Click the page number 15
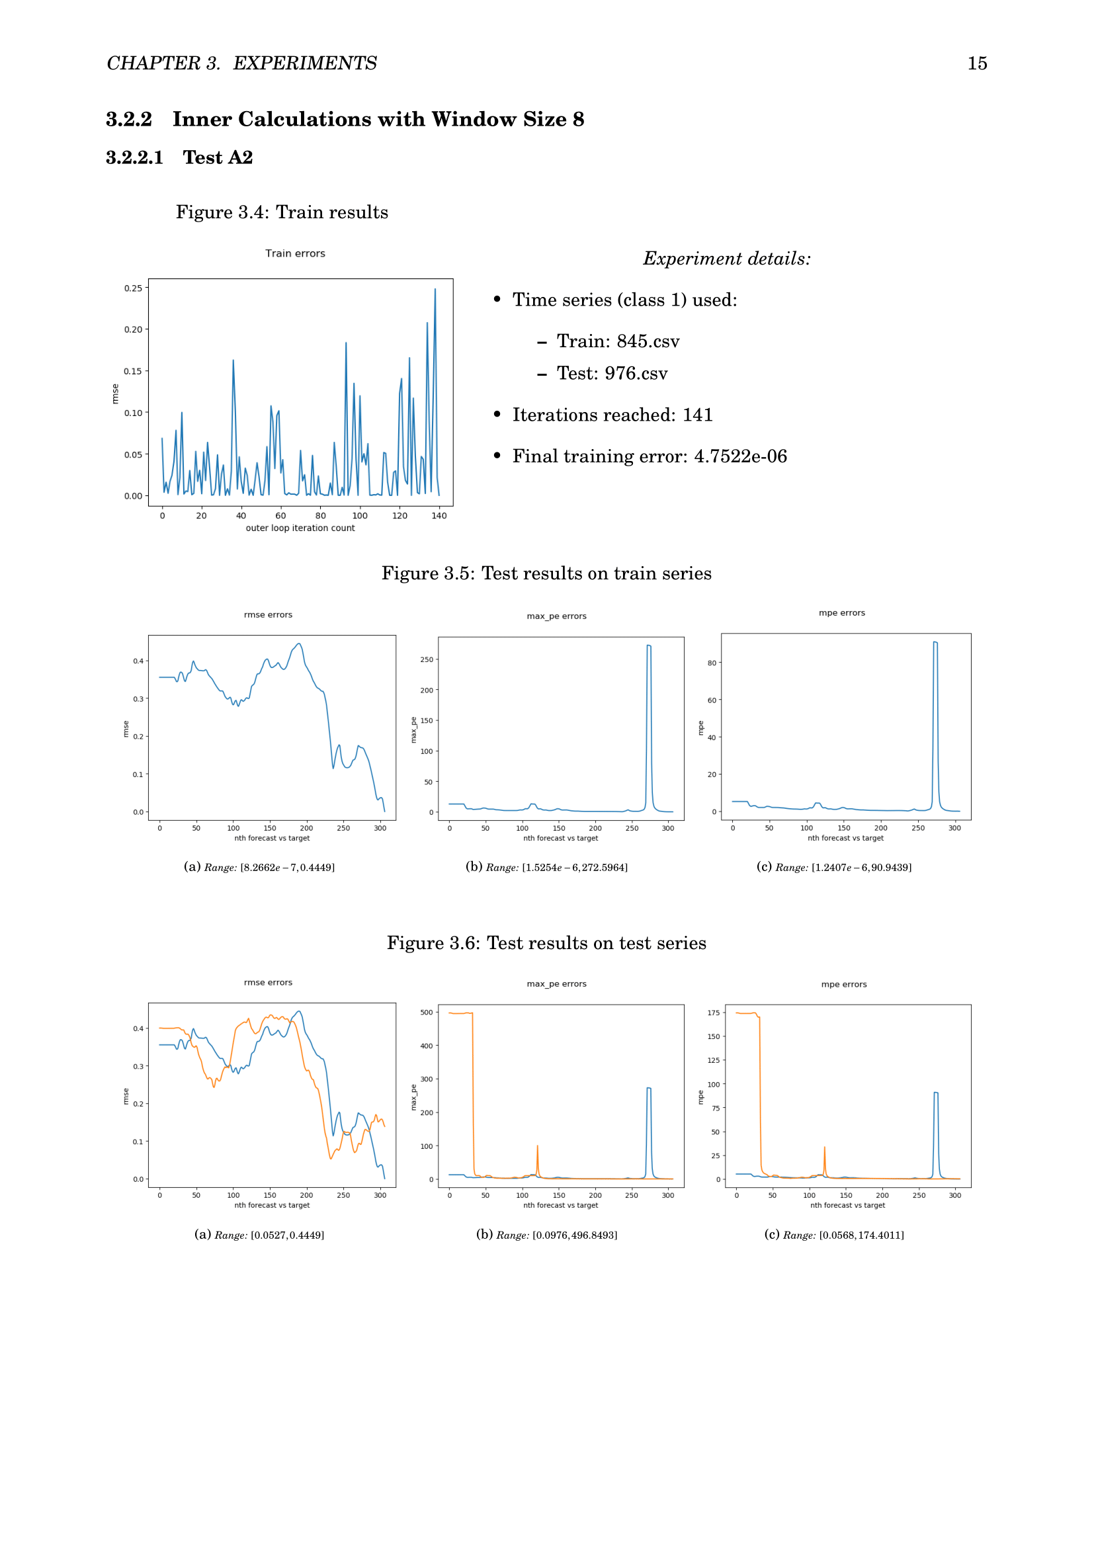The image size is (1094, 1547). [x=977, y=63]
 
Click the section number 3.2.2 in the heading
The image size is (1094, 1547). [x=129, y=119]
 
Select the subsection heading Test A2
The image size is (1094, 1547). [x=218, y=157]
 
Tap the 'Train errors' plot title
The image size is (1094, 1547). [x=295, y=253]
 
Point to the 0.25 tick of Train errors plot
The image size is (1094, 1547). [x=133, y=288]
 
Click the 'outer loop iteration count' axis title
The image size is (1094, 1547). [x=300, y=528]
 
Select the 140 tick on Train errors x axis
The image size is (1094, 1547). [x=439, y=516]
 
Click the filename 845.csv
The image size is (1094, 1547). [x=648, y=341]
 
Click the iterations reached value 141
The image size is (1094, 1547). [x=697, y=415]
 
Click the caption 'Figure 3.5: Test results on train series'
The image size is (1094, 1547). [x=546, y=573]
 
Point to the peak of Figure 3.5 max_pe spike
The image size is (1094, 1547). [x=649, y=646]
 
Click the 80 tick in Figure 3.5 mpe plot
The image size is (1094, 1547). [x=712, y=663]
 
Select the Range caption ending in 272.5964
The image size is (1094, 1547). [x=546, y=867]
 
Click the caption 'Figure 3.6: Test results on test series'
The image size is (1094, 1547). [x=546, y=943]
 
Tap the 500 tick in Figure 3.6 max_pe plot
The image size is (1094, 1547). [x=427, y=1013]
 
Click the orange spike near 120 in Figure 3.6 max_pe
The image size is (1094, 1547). [x=537, y=1147]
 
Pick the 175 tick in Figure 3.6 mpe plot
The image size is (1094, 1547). [x=714, y=1013]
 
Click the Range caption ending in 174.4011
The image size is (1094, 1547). [x=834, y=1235]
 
